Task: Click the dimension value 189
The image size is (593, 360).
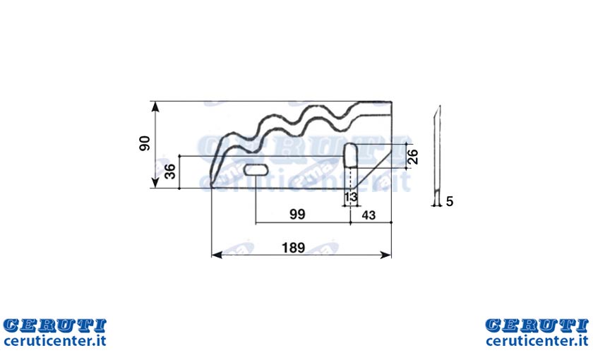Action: (x=293, y=248)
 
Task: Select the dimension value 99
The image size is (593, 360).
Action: (x=297, y=215)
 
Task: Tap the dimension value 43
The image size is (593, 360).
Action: (x=369, y=215)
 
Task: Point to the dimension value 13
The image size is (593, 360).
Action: (x=351, y=197)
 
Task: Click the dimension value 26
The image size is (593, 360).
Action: (x=414, y=156)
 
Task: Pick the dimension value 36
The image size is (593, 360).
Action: (x=170, y=172)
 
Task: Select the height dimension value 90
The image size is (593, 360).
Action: (x=145, y=144)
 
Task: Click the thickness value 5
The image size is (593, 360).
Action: (x=449, y=202)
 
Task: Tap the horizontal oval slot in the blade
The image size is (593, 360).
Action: (x=256, y=170)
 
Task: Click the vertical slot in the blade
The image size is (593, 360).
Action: (x=351, y=155)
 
